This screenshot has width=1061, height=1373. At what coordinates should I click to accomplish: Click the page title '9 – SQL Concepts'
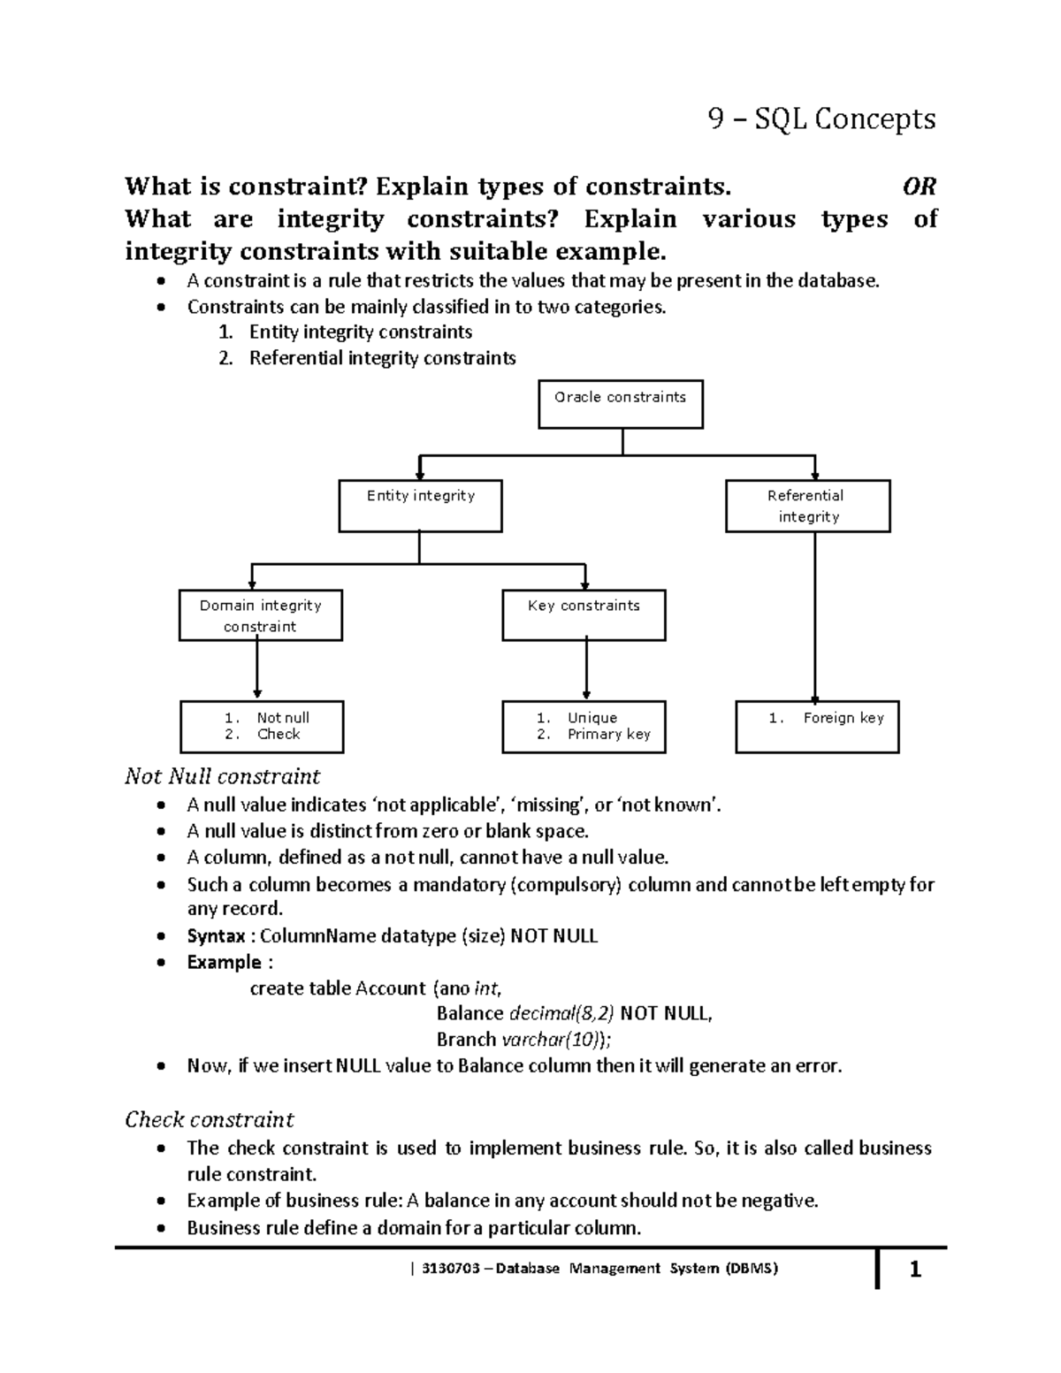pyautogui.click(x=821, y=118)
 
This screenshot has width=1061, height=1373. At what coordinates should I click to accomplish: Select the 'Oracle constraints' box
pyautogui.click(x=621, y=404)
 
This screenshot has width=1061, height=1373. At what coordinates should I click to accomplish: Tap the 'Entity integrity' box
pyautogui.click(x=421, y=506)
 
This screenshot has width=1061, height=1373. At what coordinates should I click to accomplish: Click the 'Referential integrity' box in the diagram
pyautogui.click(x=807, y=506)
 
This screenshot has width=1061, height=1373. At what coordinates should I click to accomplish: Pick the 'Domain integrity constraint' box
pyautogui.click(x=260, y=615)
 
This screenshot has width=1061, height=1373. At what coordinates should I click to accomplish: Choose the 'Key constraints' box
pyautogui.click(x=584, y=615)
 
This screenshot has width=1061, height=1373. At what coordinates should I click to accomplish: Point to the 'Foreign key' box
pyautogui.click(x=817, y=726)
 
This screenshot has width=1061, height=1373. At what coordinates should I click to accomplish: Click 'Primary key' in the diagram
pyautogui.click(x=608, y=734)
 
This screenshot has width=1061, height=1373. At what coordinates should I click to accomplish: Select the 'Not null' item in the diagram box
pyautogui.click(x=282, y=718)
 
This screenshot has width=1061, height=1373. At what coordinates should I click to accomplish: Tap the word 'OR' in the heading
pyautogui.click(x=919, y=187)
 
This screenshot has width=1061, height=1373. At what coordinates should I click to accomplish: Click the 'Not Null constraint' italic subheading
pyautogui.click(x=222, y=776)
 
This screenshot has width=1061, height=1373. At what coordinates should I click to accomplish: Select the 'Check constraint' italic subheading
pyautogui.click(x=209, y=1119)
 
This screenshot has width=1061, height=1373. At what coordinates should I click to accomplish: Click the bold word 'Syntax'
pyautogui.click(x=216, y=935)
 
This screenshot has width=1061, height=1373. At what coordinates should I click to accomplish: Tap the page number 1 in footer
pyautogui.click(x=915, y=1270)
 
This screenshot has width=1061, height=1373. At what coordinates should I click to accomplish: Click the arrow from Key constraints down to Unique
pyautogui.click(x=586, y=670)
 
